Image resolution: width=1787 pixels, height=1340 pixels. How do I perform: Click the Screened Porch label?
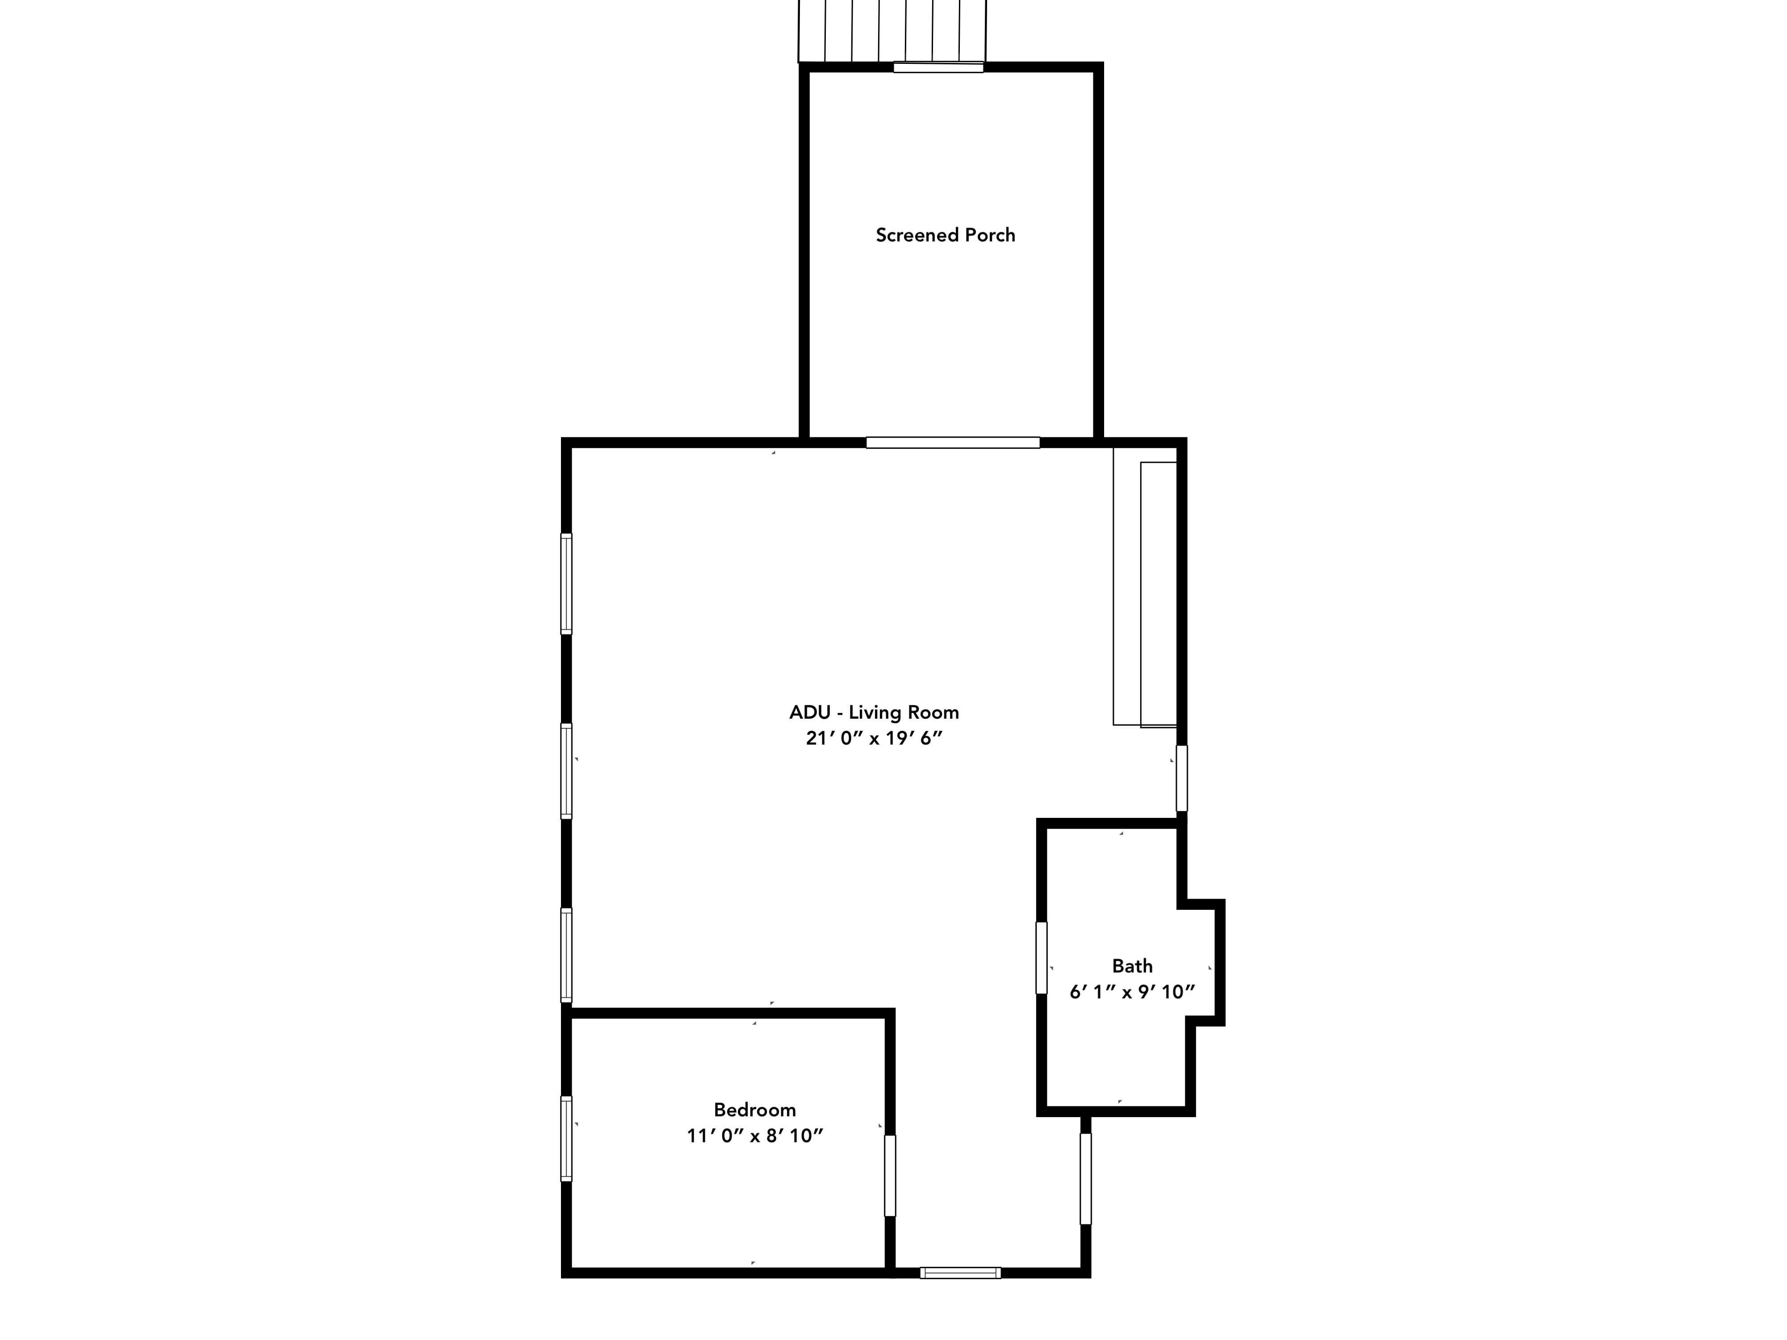[x=945, y=235]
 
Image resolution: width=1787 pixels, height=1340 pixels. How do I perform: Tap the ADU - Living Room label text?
[x=874, y=712]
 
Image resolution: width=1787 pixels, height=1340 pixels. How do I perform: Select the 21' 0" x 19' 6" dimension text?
[x=874, y=738]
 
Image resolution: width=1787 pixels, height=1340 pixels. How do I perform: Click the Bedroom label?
[x=754, y=1110]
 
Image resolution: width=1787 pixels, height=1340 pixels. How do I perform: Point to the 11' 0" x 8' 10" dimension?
[x=754, y=1135]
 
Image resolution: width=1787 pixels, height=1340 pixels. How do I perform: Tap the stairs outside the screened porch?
[x=892, y=31]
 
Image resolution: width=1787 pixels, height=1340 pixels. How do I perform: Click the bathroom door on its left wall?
[x=1042, y=958]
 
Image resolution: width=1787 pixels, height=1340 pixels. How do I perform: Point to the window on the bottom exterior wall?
[x=961, y=1273]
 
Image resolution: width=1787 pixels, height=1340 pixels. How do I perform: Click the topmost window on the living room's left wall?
[x=566, y=584]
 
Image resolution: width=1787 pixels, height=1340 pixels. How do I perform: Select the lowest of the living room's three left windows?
[x=566, y=955]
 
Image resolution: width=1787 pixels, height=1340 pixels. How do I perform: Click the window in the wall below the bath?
[x=1086, y=1178]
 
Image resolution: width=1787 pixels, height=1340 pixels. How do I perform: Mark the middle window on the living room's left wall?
[x=566, y=771]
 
